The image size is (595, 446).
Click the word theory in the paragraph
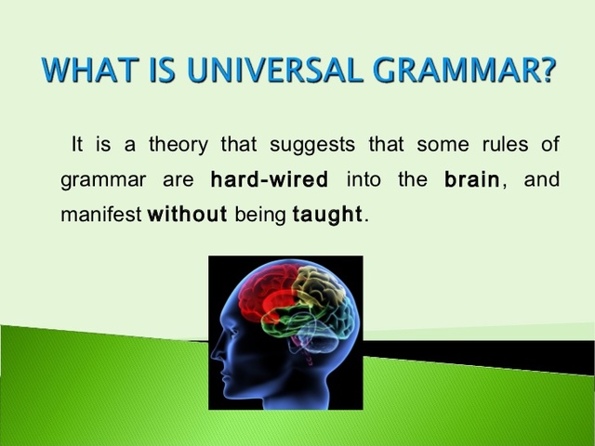pos(177,145)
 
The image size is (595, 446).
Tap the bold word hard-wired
pos(270,179)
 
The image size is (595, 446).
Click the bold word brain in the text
pos(472,179)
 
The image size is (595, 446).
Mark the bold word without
pos(188,215)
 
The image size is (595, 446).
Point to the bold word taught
pos(326,215)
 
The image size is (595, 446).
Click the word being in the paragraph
pos(259,215)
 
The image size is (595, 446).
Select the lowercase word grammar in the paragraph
pos(98,180)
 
